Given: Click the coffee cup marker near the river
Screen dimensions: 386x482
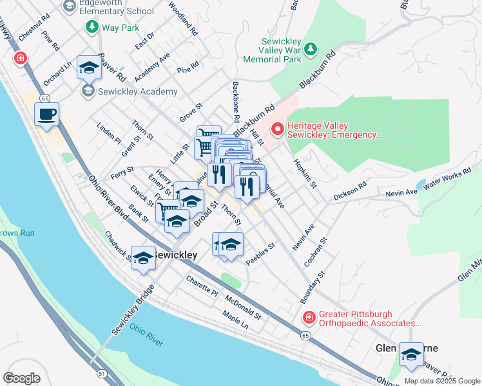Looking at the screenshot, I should coord(46,115).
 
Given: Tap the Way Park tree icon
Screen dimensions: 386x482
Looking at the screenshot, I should coord(92,27).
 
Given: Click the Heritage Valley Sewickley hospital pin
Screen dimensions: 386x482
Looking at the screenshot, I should coord(278,129).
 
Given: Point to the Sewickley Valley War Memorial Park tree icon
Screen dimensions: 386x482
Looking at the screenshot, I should coord(311,49).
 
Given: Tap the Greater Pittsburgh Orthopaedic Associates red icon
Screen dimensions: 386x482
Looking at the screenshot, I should coord(309,318).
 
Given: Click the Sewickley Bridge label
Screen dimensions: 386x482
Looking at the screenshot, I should coord(133,309).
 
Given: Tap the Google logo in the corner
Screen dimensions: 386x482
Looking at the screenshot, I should coord(22,378).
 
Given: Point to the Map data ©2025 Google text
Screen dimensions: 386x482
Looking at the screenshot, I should coord(442,381).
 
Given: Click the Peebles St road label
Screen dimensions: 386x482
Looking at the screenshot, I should coord(261,253).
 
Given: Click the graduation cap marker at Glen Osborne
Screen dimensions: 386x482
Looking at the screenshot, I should coord(411,354).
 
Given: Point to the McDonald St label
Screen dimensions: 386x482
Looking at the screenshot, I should coord(243,307).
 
